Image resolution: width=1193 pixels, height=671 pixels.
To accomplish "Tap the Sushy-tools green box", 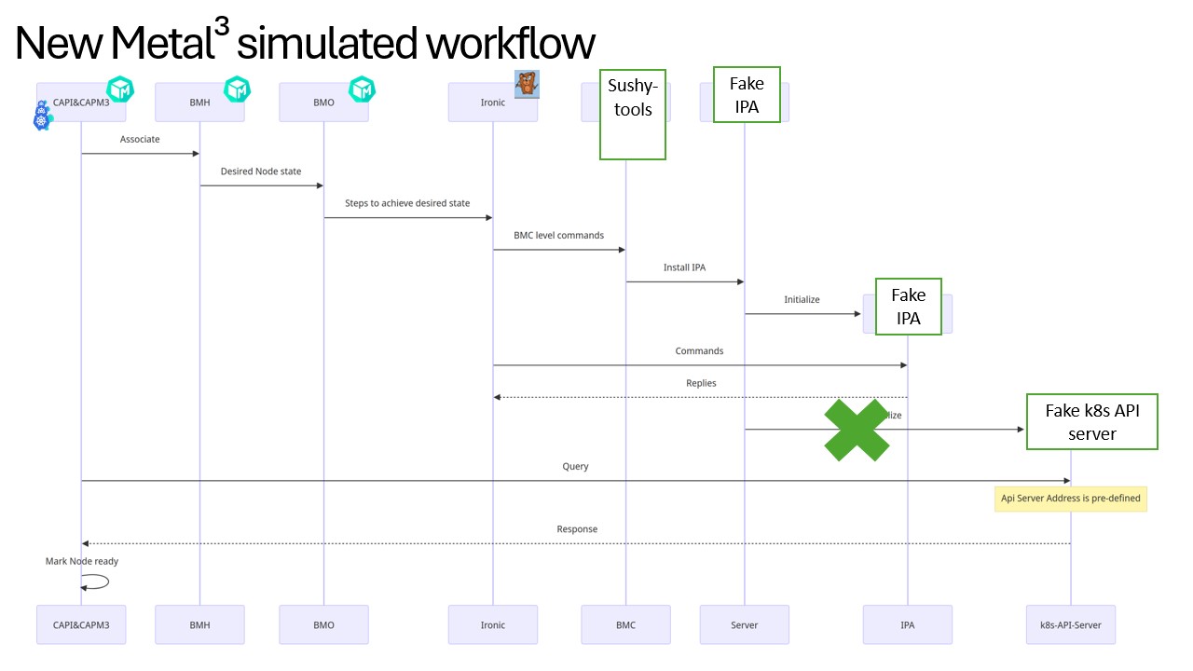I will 632,114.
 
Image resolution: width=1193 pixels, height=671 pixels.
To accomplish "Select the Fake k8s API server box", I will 1091,421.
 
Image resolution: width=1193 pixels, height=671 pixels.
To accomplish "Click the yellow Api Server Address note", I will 1070,499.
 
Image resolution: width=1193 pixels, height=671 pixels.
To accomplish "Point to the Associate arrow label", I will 140,140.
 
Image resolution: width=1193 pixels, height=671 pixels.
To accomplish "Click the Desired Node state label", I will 261,171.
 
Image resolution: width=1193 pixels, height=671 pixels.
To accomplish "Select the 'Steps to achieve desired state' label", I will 407,203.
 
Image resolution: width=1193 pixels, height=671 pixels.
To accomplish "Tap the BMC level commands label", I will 558,235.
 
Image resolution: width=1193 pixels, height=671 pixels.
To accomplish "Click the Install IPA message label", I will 684,267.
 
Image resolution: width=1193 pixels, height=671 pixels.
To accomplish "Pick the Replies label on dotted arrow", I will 701,383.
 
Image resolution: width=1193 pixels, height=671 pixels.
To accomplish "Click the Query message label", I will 575,466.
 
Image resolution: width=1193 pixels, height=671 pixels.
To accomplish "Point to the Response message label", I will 577,529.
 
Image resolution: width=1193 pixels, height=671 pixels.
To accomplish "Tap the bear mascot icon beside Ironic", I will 528,84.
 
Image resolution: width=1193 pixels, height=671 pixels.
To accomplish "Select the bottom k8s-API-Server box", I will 1070,624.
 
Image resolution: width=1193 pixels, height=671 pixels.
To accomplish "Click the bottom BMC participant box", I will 625,624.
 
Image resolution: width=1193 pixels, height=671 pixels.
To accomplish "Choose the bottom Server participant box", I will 744,624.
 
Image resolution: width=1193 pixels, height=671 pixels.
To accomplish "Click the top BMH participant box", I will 199,103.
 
